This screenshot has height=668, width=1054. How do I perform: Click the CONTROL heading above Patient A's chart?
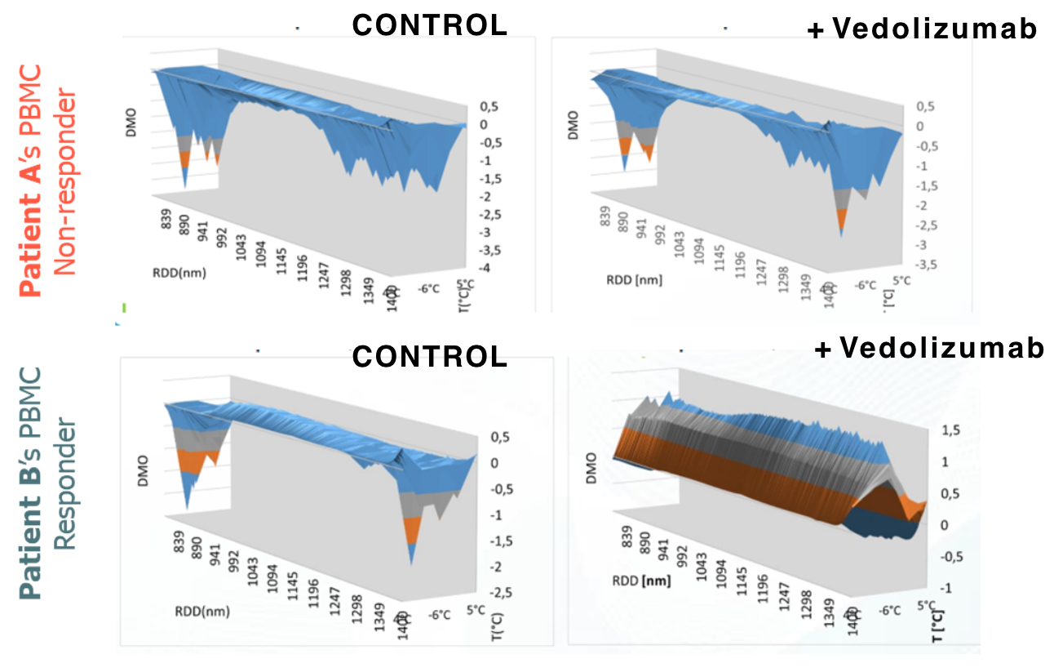tap(429, 24)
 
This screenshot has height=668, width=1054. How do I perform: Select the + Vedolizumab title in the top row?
tap(922, 29)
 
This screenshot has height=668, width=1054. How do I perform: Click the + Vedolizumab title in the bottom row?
tap(929, 349)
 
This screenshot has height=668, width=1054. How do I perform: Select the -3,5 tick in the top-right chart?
tap(920, 265)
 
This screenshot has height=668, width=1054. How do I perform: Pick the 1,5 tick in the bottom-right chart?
tap(943, 430)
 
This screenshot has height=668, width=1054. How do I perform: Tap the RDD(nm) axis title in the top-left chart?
tap(177, 273)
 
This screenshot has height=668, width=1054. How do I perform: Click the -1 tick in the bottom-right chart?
tap(941, 589)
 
